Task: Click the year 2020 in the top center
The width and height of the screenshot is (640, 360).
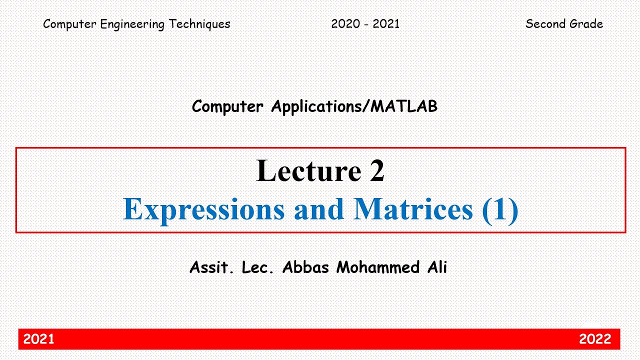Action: (x=345, y=24)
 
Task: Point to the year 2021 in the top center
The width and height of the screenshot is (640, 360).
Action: (x=385, y=24)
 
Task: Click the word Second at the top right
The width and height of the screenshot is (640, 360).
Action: (x=546, y=24)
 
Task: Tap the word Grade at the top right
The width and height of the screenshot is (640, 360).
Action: (x=586, y=24)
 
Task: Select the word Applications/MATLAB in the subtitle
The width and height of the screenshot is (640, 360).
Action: (x=354, y=106)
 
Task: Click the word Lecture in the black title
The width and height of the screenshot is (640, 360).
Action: (x=308, y=170)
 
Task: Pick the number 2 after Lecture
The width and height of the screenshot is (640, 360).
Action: (x=377, y=170)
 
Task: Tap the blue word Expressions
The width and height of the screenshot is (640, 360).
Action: (x=204, y=209)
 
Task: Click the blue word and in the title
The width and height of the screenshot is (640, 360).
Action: (x=319, y=209)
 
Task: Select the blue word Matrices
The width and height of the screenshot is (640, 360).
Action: (x=413, y=209)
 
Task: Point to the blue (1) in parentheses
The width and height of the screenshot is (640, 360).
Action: (x=500, y=209)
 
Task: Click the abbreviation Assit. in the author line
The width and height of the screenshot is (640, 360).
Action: (x=212, y=267)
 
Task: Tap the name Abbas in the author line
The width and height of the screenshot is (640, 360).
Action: (x=305, y=267)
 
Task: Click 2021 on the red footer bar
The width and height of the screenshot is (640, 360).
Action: (x=39, y=339)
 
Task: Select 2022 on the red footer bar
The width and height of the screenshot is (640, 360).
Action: (x=595, y=339)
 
